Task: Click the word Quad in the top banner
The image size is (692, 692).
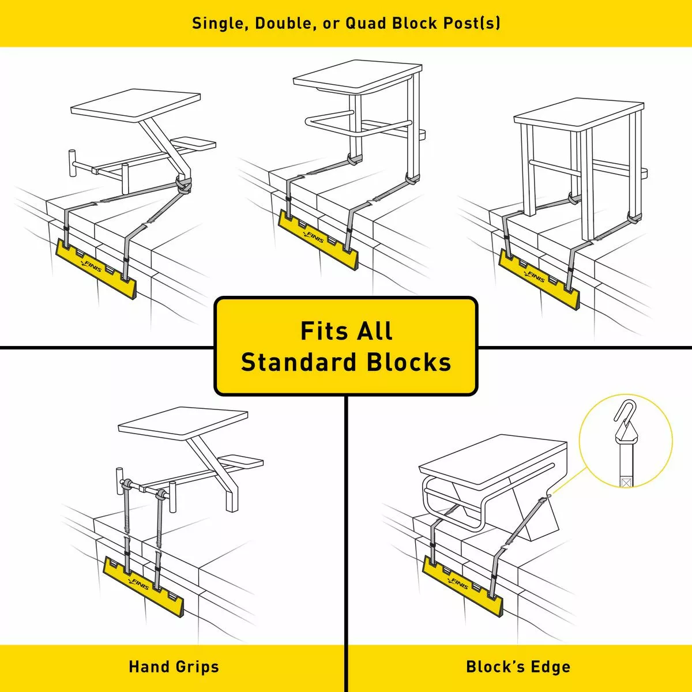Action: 366,23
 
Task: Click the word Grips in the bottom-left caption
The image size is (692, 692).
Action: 197,667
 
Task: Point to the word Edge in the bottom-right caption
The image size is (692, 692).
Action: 550,667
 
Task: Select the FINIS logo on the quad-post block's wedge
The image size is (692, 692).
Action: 535,276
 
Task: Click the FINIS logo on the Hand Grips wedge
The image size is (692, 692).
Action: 140,585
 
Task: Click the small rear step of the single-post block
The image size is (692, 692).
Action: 194,142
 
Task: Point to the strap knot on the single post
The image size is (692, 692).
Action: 184,185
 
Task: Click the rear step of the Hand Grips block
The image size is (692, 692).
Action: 242,461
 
